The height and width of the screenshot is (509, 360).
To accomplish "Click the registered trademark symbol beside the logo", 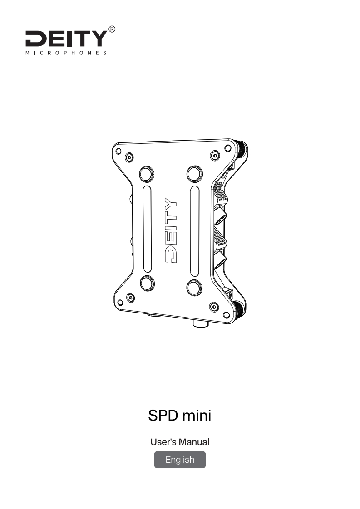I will pos(112,30).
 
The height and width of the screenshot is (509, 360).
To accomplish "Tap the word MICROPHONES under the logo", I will pos(66,53).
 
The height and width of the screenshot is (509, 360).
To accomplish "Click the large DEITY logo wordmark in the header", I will pos(66,39).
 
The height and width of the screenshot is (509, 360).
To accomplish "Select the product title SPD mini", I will pos(180,415).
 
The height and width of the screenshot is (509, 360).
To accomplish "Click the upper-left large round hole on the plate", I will pos(146,174).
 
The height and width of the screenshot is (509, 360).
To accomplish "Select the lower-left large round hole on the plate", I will pos(147,283).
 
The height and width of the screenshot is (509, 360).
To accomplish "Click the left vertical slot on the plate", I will pos(146,230).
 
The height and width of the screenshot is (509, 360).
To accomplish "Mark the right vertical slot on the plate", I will pos(194,231).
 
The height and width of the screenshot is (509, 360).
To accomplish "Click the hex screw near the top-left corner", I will pos(130,157).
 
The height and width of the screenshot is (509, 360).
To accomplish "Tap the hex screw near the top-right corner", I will pos(214,156).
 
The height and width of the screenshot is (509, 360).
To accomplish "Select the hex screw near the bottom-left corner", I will pos(131,297).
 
